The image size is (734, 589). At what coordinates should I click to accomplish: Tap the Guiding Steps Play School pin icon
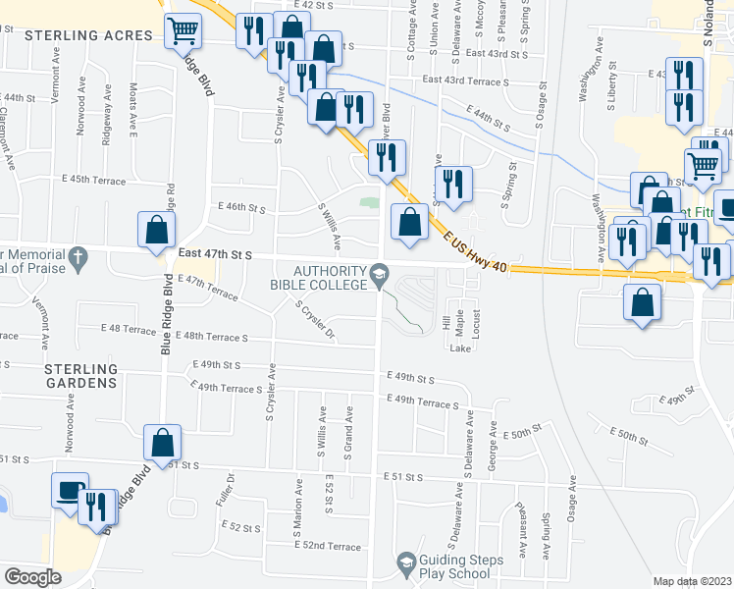pyautogui.click(x=404, y=562)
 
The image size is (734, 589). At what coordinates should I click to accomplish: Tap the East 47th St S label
pyautogui.click(x=215, y=254)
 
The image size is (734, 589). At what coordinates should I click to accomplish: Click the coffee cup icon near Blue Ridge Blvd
pyautogui.click(x=70, y=490)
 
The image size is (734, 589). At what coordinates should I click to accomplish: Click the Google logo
pyautogui.click(x=32, y=576)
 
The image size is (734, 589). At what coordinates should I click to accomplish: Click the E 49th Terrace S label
pyautogui.click(x=423, y=402)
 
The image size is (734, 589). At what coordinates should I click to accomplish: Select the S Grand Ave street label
pyautogui.click(x=348, y=429)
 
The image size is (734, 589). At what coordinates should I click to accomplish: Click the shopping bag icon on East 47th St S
pyautogui.click(x=156, y=231)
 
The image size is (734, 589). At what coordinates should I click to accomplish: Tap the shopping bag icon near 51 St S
pyautogui.click(x=162, y=444)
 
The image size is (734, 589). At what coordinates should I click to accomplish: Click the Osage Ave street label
pyautogui.click(x=571, y=501)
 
